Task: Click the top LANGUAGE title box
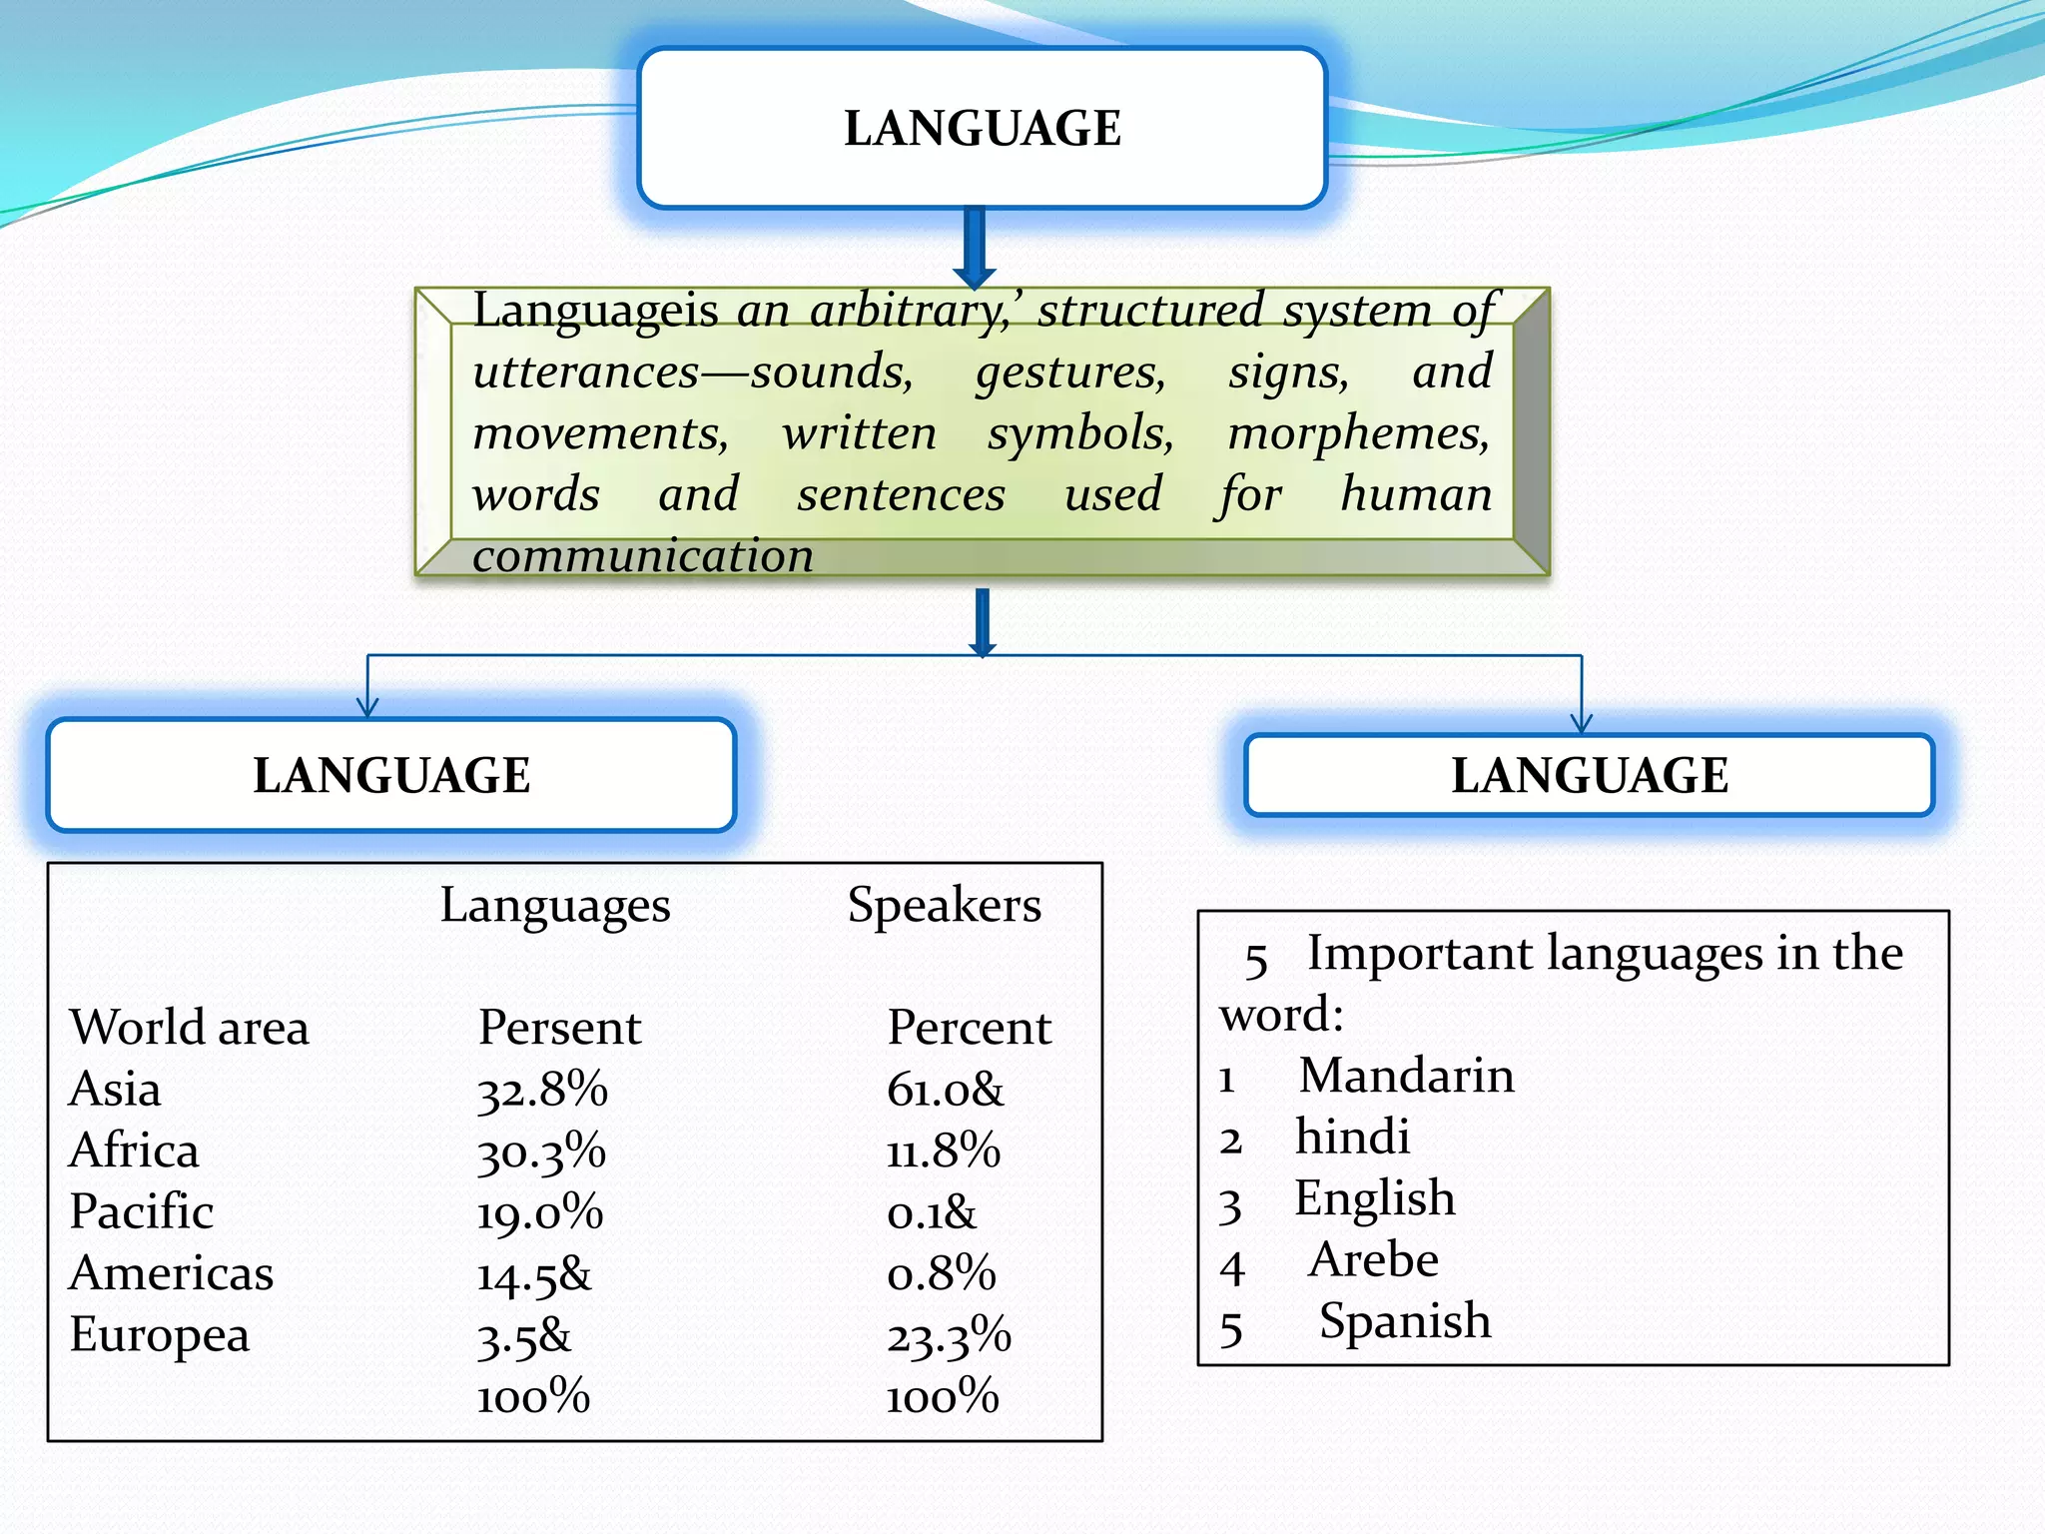pos(983,128)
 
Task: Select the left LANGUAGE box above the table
pos(391,775)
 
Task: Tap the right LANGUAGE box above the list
pos(1590,775)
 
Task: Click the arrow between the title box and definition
pos(976,248)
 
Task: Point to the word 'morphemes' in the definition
pos(1358,433)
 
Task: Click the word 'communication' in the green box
pos(643,556)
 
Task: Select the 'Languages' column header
pos(555,906)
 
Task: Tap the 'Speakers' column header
pos(944,905)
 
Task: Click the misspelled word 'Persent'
pos(559,1028)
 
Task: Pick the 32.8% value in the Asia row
pos(542,1090)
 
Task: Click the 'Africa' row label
pos(134,1150)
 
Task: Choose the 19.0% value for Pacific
pos(540,1212)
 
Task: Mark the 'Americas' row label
pos(171,1273)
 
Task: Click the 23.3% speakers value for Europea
pos(949,1336)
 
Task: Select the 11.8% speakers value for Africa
pos(944,1150)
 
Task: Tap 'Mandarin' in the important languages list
pos(1406,1076)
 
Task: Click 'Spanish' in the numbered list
pos(1405,1321)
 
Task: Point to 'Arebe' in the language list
pos(1374,1259)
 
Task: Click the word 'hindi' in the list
pos(1352,1137)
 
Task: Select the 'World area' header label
pos(189,1028)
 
